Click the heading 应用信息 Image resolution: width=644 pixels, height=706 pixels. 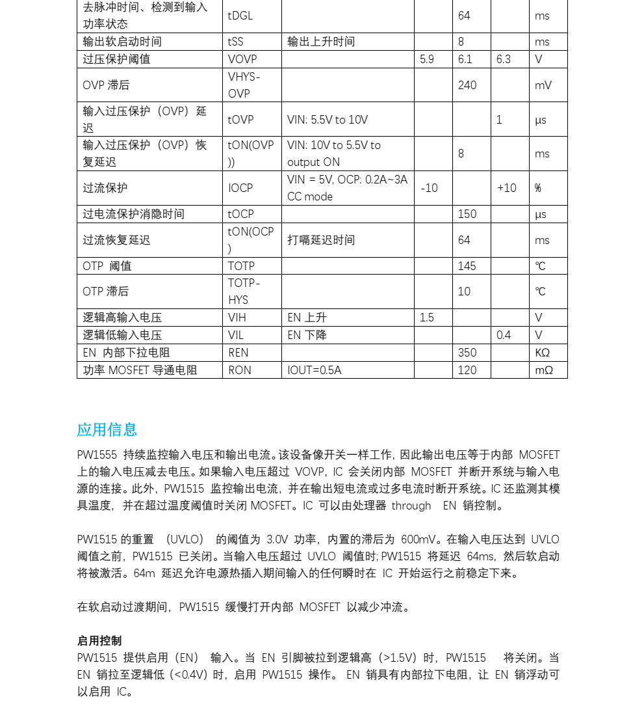pos(107,429)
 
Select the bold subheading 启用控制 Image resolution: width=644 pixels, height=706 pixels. pos(99,641)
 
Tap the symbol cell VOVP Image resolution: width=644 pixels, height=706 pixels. pos(242,59)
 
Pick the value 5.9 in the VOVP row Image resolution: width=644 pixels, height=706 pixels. pos(427,59)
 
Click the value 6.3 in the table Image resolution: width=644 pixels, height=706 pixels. pos(504,59)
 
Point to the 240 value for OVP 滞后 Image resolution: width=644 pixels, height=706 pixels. pos(467,85)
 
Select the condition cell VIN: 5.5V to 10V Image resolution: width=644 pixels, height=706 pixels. pos(328,120)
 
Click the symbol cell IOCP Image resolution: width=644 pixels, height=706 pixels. pos(240,188)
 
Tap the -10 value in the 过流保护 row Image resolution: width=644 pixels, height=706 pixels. pos(429,188)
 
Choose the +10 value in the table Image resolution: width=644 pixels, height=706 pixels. pos(507,188)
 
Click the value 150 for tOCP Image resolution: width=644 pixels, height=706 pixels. pos(467,214)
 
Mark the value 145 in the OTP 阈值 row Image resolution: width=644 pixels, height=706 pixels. pos(467,266)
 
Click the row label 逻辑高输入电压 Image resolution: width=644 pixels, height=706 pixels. pos(122,318)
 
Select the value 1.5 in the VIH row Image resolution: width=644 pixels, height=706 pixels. pos(427,318)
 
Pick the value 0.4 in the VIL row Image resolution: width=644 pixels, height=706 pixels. pos(504,335)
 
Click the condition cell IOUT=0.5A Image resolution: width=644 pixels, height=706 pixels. pos(315,370)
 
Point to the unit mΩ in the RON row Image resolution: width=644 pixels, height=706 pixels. pos(544,370)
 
